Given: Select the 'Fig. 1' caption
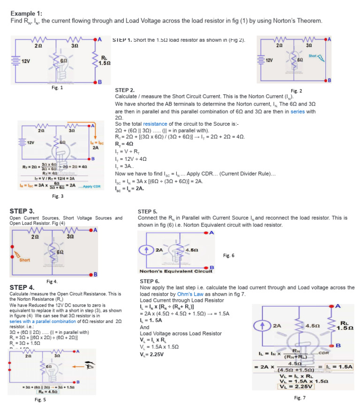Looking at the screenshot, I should click(58, 87).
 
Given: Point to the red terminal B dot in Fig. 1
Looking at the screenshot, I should click(96, 82).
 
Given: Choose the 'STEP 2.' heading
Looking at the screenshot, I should click(125, 90).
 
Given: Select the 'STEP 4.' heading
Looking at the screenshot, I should click(22, 287).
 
